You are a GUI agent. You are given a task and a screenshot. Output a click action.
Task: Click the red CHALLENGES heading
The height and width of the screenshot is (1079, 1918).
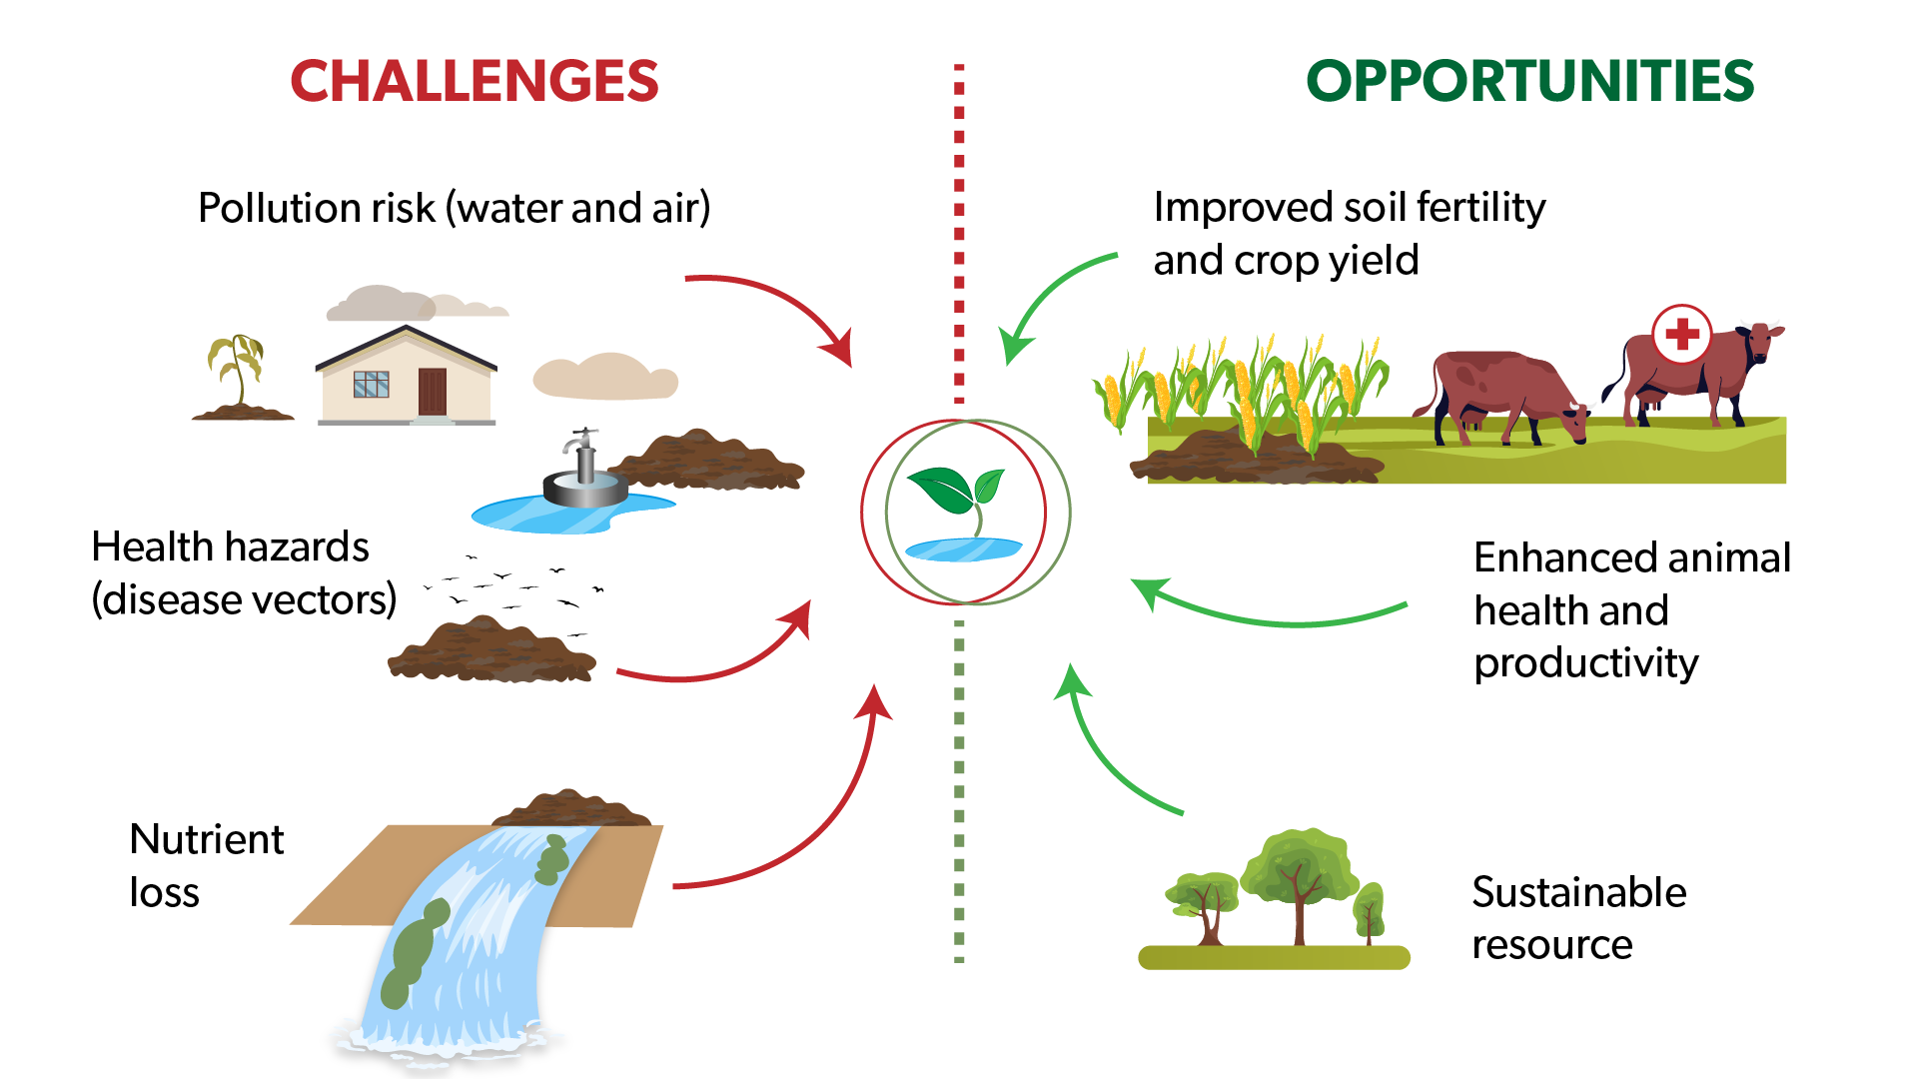pyautogui.click(x=474, y=82)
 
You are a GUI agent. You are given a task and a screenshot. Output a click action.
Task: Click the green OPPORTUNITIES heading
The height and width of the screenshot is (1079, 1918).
pyautogui.click(x=1529, y=82)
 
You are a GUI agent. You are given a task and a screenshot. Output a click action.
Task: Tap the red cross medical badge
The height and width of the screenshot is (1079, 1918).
pyautogui.click(x=1682, y=334)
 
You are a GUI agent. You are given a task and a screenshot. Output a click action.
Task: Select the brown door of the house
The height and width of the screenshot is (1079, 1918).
pyautogui.click(x=432, y=391)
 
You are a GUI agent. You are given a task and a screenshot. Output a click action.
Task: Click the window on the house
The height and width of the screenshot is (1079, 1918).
pyautogui.click(x=371, y=385)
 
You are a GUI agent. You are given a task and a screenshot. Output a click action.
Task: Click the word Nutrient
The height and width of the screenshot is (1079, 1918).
pyautogui.click(x=207, y=839)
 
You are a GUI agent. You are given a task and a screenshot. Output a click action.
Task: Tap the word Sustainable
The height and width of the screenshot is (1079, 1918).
pyautogui.click(x=1578, y=892)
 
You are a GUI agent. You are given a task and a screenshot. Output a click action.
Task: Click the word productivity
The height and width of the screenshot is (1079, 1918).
pyautogui.click(x=1586, y=663)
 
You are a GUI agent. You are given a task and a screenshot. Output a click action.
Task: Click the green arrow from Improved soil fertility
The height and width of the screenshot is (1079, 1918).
pyautogui.click(x=1049, y=300)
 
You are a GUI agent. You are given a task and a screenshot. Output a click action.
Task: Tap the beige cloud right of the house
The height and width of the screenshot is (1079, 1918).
pyautogui.click(x=604, y=378)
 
